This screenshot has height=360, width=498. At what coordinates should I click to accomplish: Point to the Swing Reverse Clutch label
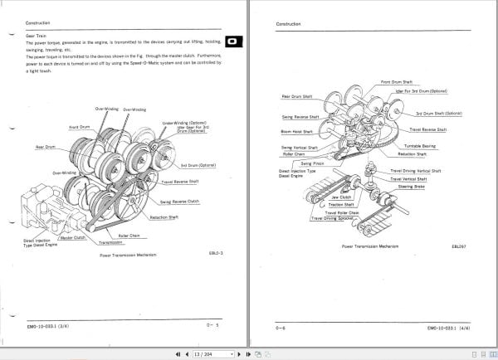(179, 202)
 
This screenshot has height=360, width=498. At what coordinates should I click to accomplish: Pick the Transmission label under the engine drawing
(110, 243)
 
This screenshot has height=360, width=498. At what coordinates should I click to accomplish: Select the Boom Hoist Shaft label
(296, 131)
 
